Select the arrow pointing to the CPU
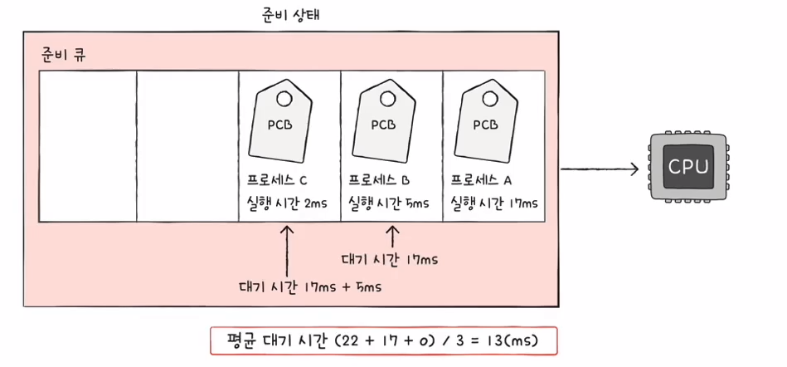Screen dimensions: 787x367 pyautogui.click(x=600, y=169)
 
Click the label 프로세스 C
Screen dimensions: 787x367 pyautogui.click(x=277, y=180)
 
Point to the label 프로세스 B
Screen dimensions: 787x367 pyautogui.click(x=379, y=180)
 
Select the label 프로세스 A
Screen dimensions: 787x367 pyautogui.click(x=482, y=180)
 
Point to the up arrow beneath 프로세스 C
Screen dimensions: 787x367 pyautogui.click(x=287, y=252)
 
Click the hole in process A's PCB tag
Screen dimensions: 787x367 pyautogui.click(x=488, y=99)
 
